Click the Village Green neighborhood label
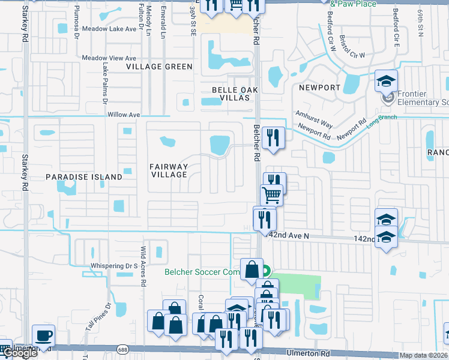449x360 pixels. tap(159, 67)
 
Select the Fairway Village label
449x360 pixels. tap(169, 171)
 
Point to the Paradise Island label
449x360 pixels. tap(84, 177)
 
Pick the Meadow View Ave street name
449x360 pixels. tap(109, 58)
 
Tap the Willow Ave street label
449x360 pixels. tap(123, 115)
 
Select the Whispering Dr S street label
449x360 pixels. tap(114, 265)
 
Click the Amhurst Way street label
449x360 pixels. tap(313, 118)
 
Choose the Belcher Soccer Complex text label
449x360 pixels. tap(202, 272)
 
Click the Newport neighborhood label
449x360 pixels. tap(319, 88)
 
